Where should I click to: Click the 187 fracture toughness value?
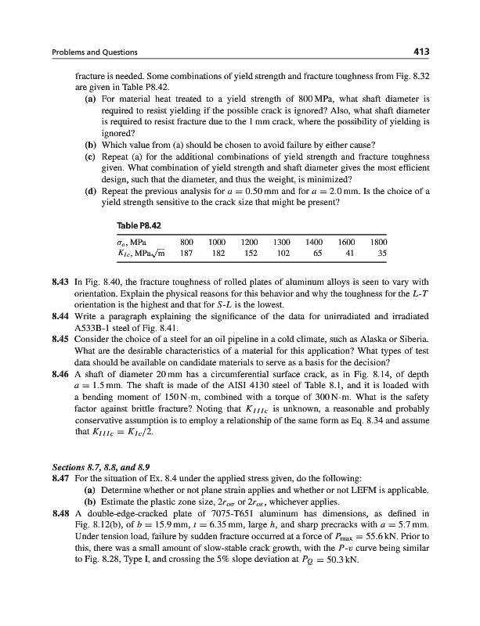pyautogui.click(x=187, y=254)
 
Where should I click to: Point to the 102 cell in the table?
pyautogui.click(x=284, y=254)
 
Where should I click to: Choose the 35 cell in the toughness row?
pyautogui.click(x=381, y=254)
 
